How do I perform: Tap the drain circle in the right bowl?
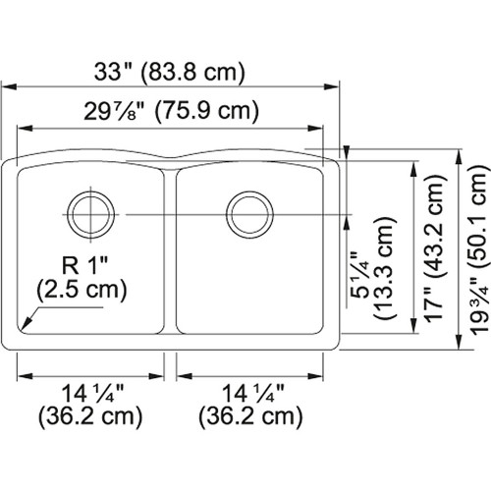coord(246,211)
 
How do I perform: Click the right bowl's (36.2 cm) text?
coord(249,416)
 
